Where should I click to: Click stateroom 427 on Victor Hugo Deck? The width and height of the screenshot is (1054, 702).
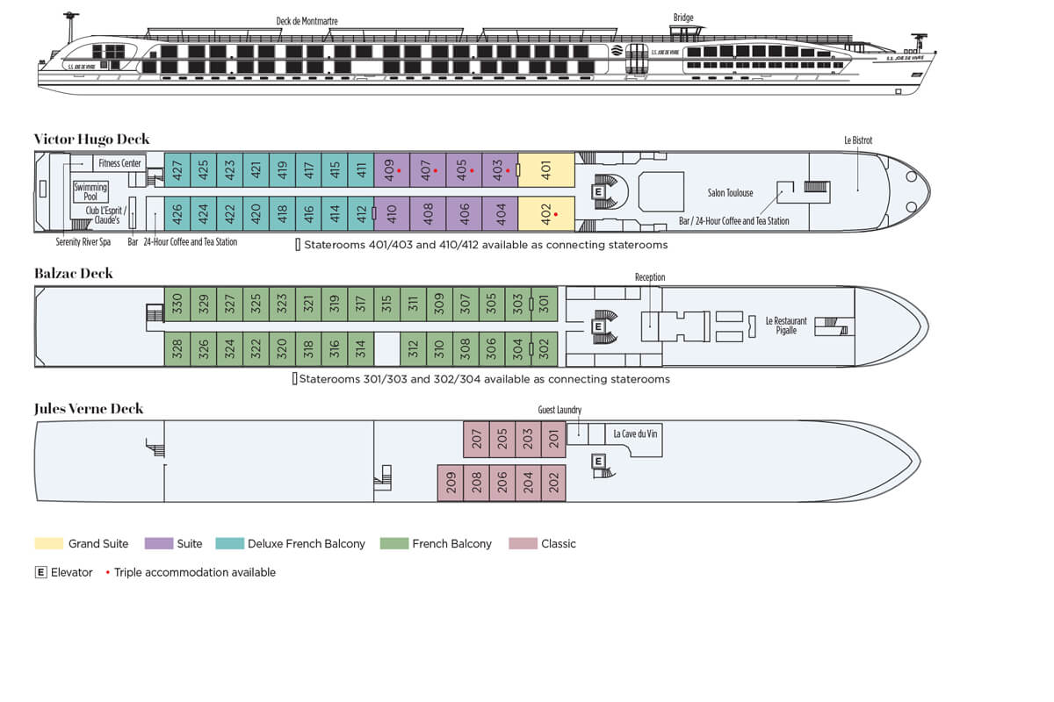tap(177, 169)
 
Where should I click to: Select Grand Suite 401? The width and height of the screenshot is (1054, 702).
tap(545, 169)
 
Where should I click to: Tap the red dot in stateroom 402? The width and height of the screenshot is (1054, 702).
tap(556, 213)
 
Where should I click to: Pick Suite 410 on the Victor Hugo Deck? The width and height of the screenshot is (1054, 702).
tap(392, 213)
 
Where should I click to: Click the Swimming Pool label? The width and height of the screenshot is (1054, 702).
tap(90, 191)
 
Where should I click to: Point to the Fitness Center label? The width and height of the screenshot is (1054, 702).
tap(120, 163)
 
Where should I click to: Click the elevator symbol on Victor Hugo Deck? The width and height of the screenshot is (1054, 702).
tap(599, 191)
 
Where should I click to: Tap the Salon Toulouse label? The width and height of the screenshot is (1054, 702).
tap(730, 193)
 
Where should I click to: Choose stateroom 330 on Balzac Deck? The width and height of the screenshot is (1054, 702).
tap(177, 304)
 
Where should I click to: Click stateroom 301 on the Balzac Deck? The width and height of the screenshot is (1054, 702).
tap(544, 304)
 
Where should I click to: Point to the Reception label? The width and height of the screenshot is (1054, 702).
tap(650, 277)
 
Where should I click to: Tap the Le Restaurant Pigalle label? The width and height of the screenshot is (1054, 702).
tap(786, 326)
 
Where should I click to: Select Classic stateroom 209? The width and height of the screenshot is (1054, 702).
tap(451, 483)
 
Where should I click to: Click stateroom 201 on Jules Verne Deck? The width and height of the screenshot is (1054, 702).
tap(553, 439)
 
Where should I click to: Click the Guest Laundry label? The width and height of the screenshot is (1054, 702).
tap(559, 410)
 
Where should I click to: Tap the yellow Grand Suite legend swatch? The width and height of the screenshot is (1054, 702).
tap(48, 544)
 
